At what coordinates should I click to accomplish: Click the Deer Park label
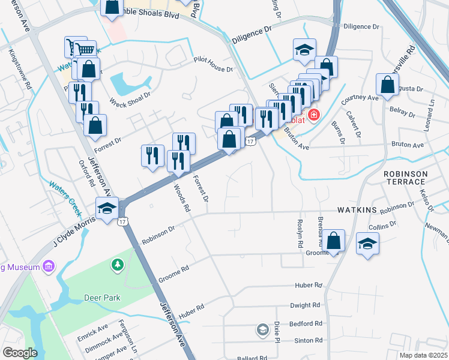coord(103,298)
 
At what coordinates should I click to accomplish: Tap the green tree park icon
coord(118,264)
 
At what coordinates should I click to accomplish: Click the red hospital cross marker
coord(312,115)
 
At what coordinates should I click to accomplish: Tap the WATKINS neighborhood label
coord(357,211)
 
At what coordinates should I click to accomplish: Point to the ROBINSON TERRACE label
coord(405,178)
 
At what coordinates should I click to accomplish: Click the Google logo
coord(19,353)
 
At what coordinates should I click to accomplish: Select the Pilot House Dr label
coord(212,69)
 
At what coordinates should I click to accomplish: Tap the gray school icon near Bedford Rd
coord(262,329)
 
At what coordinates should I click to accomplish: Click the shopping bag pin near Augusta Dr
coord(387,86)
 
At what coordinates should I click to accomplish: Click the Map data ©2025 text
coord(423,355)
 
